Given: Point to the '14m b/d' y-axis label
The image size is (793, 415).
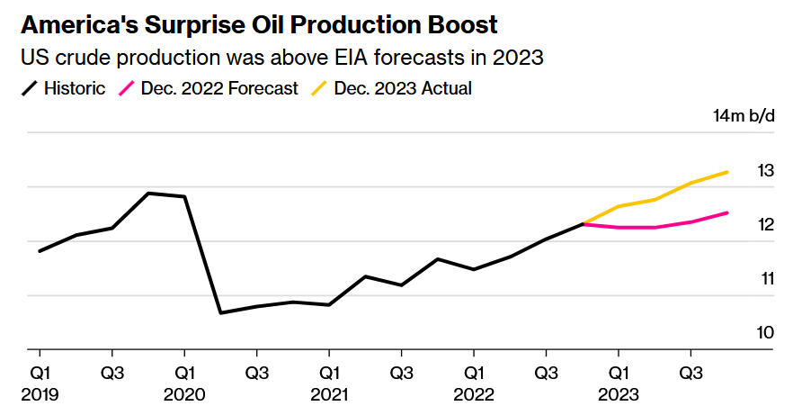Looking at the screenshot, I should [x=744, y=117].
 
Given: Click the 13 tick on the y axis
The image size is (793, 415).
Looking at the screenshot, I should [x=765, y=171].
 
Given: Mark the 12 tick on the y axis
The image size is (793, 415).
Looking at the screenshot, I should [x=765, y=225].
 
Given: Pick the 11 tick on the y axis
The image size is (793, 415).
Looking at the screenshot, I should [x=765, y=279].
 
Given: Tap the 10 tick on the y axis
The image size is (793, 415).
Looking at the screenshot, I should [x=765, y=333].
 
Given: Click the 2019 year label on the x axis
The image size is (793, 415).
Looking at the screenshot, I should [x=40, y=394].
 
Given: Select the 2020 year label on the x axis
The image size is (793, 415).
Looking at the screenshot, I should [x=184, y=394].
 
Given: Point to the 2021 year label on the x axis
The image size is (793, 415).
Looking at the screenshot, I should [x=329, y=394].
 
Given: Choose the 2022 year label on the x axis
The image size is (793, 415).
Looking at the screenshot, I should [x=474, y=394].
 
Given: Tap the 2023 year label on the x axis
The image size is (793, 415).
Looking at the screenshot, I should [x=619, y=394].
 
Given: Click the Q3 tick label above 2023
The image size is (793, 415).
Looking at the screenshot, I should [x=691, y=372].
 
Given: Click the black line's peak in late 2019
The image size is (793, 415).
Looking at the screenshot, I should [x=148, y=194].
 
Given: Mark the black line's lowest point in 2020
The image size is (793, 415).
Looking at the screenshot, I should [x=220, y=312].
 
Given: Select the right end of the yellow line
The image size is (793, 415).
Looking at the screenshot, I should [x=727, y=172].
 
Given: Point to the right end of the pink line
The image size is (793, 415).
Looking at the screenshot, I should [x=727, y=212].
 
